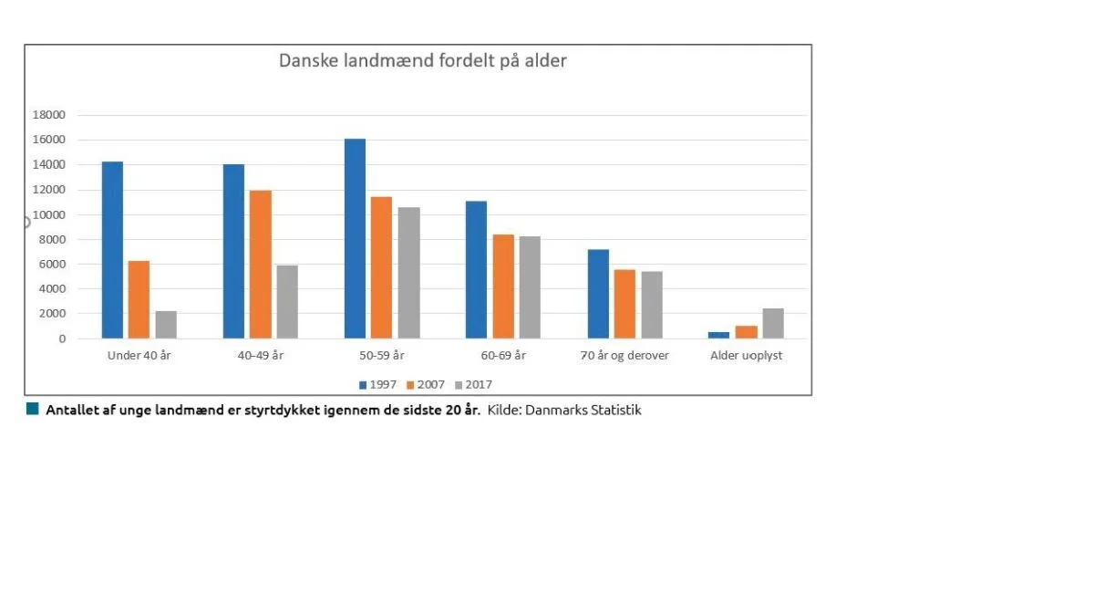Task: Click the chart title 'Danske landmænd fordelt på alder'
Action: pos(422,60)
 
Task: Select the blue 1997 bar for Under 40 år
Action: pos(112,250)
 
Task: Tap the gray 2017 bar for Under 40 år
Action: pos(166,325)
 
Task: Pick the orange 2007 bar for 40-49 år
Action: pos(261,265)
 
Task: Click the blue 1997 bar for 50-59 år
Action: pos(355,238)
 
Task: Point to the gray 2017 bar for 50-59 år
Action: pos(408,273)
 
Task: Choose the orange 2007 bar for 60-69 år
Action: pos(503,287)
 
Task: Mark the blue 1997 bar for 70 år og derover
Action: pos(598,294)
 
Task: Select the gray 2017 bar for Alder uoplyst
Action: pos(773,323)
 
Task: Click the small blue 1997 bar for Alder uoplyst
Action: pos(719,335)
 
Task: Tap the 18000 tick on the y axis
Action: pos(49,115)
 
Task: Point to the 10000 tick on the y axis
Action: pos(49,214)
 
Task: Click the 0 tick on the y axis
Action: pos(62,339)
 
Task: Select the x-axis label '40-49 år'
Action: pos(261,356)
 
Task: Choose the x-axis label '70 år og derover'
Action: pos(624,356)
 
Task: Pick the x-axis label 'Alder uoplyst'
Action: pos(746,356)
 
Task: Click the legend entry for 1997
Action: pos(377,385)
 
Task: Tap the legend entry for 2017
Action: pos(473,385)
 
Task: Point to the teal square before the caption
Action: pos(32,409)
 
